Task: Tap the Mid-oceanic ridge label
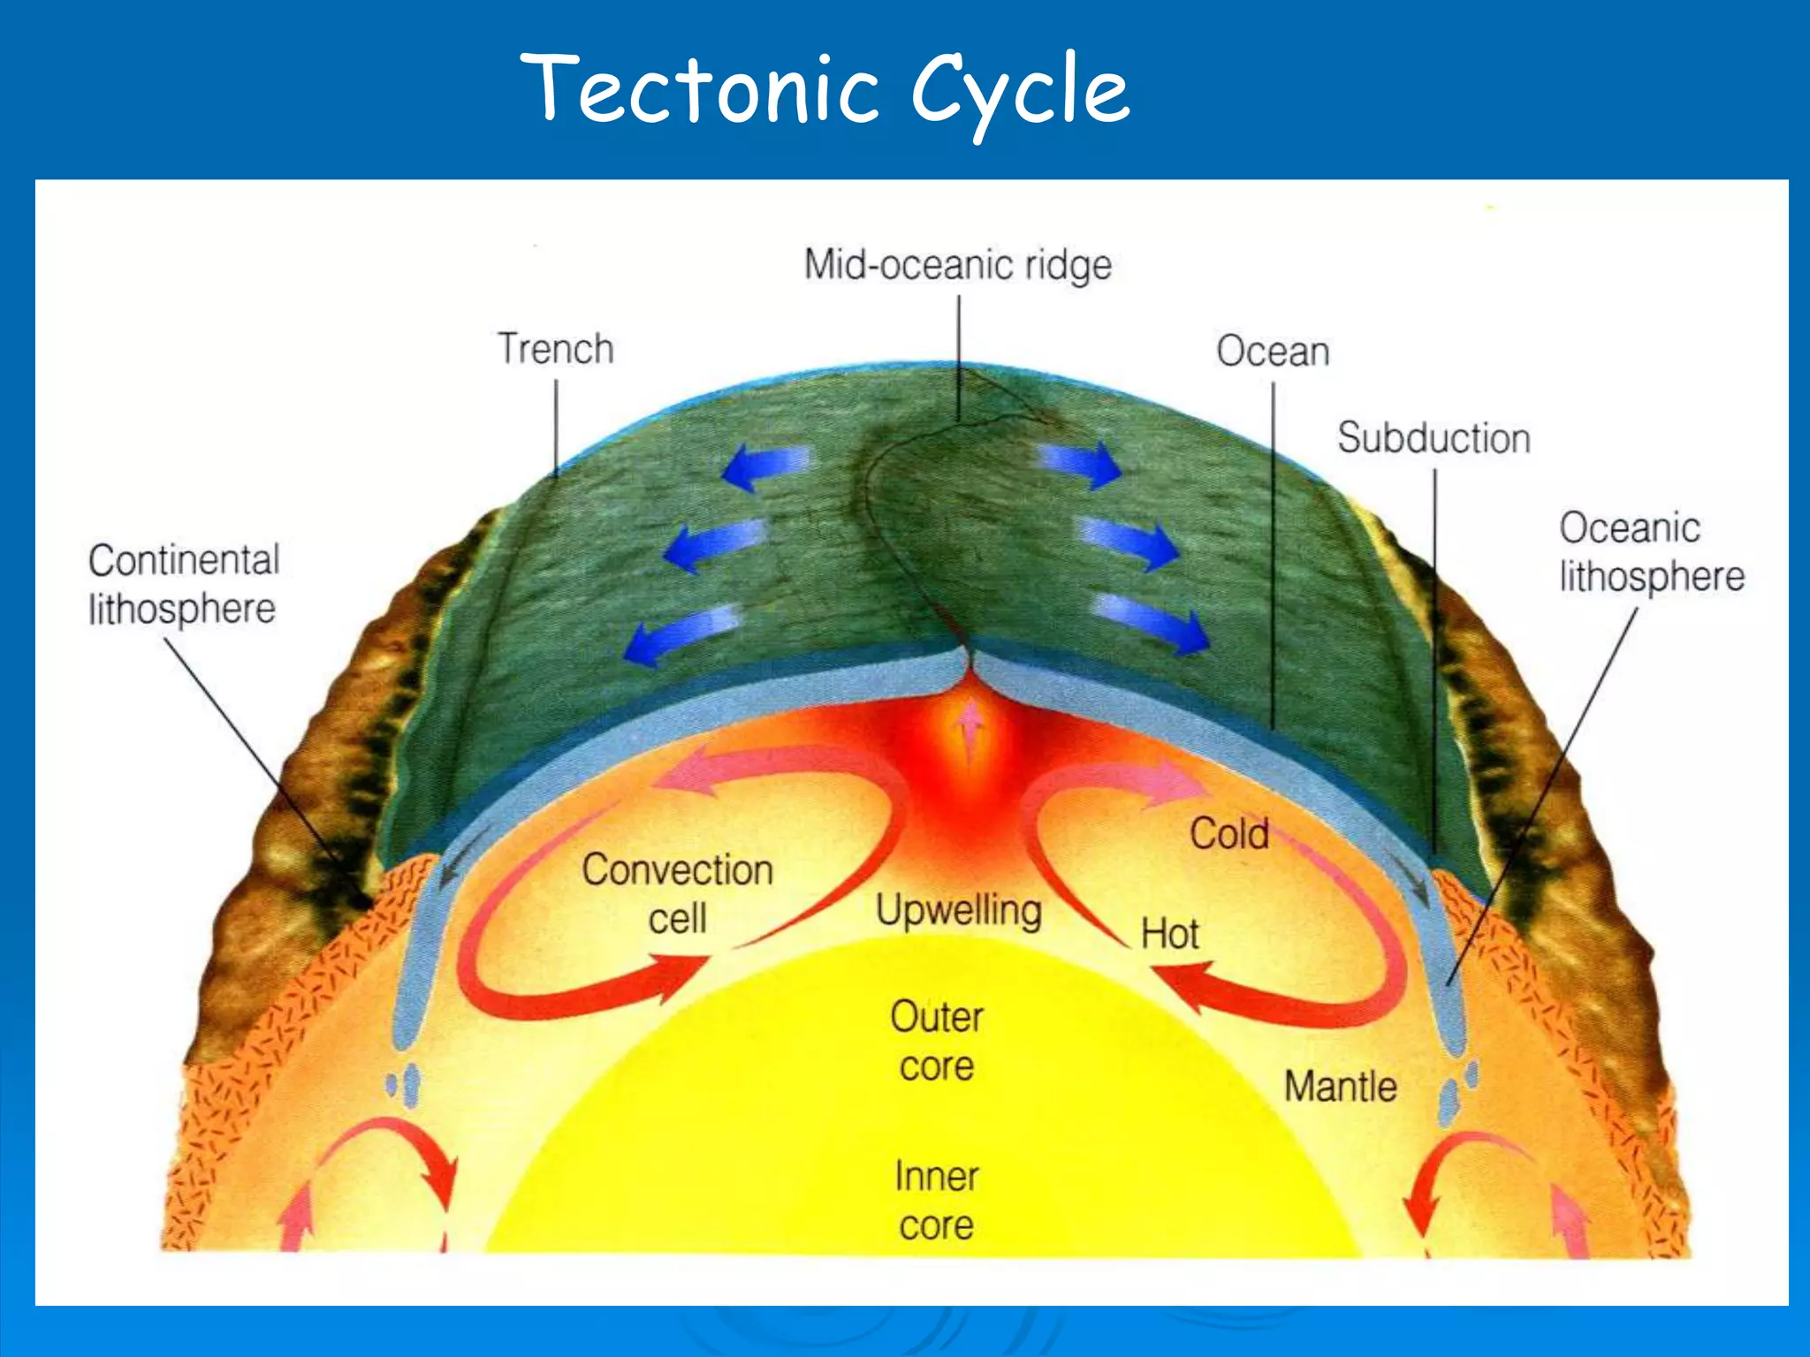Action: coord(957,265)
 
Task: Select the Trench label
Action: coord(556,349)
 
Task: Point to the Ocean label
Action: coord(1273,352)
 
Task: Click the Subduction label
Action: coord(1434,438)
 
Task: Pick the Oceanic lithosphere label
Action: coord(1651,552)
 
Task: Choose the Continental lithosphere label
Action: coord(184,584)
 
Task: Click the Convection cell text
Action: coord(678,893)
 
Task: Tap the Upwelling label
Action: coord(959,910)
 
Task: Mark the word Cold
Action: coord(1229,834)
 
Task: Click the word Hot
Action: coord(1169,934)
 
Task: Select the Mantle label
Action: coord(1340,1087)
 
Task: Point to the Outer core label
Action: coord(937,1042)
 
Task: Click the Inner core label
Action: coord(937,1201)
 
